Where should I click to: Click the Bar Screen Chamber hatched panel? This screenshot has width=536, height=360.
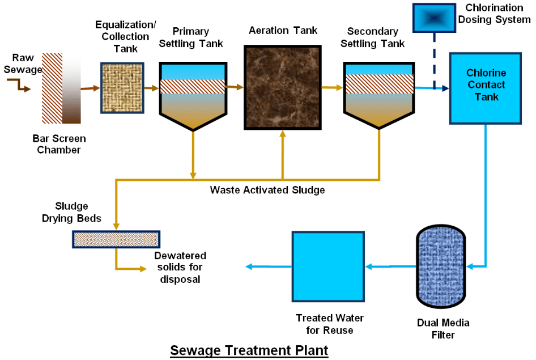click(52, 88)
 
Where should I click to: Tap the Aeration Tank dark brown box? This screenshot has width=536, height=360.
click(282, 88)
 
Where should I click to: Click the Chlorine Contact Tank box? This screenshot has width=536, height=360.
click(485, 88)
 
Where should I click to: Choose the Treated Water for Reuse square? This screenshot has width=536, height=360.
click(327, 266)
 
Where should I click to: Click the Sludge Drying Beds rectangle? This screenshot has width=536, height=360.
click(116, 239)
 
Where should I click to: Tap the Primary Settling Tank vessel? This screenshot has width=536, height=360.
click(193, 94)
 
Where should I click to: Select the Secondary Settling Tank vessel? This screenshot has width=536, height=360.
click(378, 94)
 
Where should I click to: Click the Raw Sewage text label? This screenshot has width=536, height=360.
click(27, 63)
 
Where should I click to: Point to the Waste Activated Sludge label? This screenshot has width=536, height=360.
click(267, 190)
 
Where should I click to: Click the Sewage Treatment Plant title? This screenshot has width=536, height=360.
click(249, 350)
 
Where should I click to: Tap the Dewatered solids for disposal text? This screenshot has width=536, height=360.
click(180, 267)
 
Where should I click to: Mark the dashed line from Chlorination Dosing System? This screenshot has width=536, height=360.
click(434, 60)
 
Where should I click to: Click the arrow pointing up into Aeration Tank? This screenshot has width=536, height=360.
click(282, 153)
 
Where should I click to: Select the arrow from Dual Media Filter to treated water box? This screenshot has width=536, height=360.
click(391, 266)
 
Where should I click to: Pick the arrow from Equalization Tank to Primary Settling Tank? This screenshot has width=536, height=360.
click(151, 88)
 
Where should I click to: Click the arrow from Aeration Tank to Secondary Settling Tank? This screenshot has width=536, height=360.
click(333, 88)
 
